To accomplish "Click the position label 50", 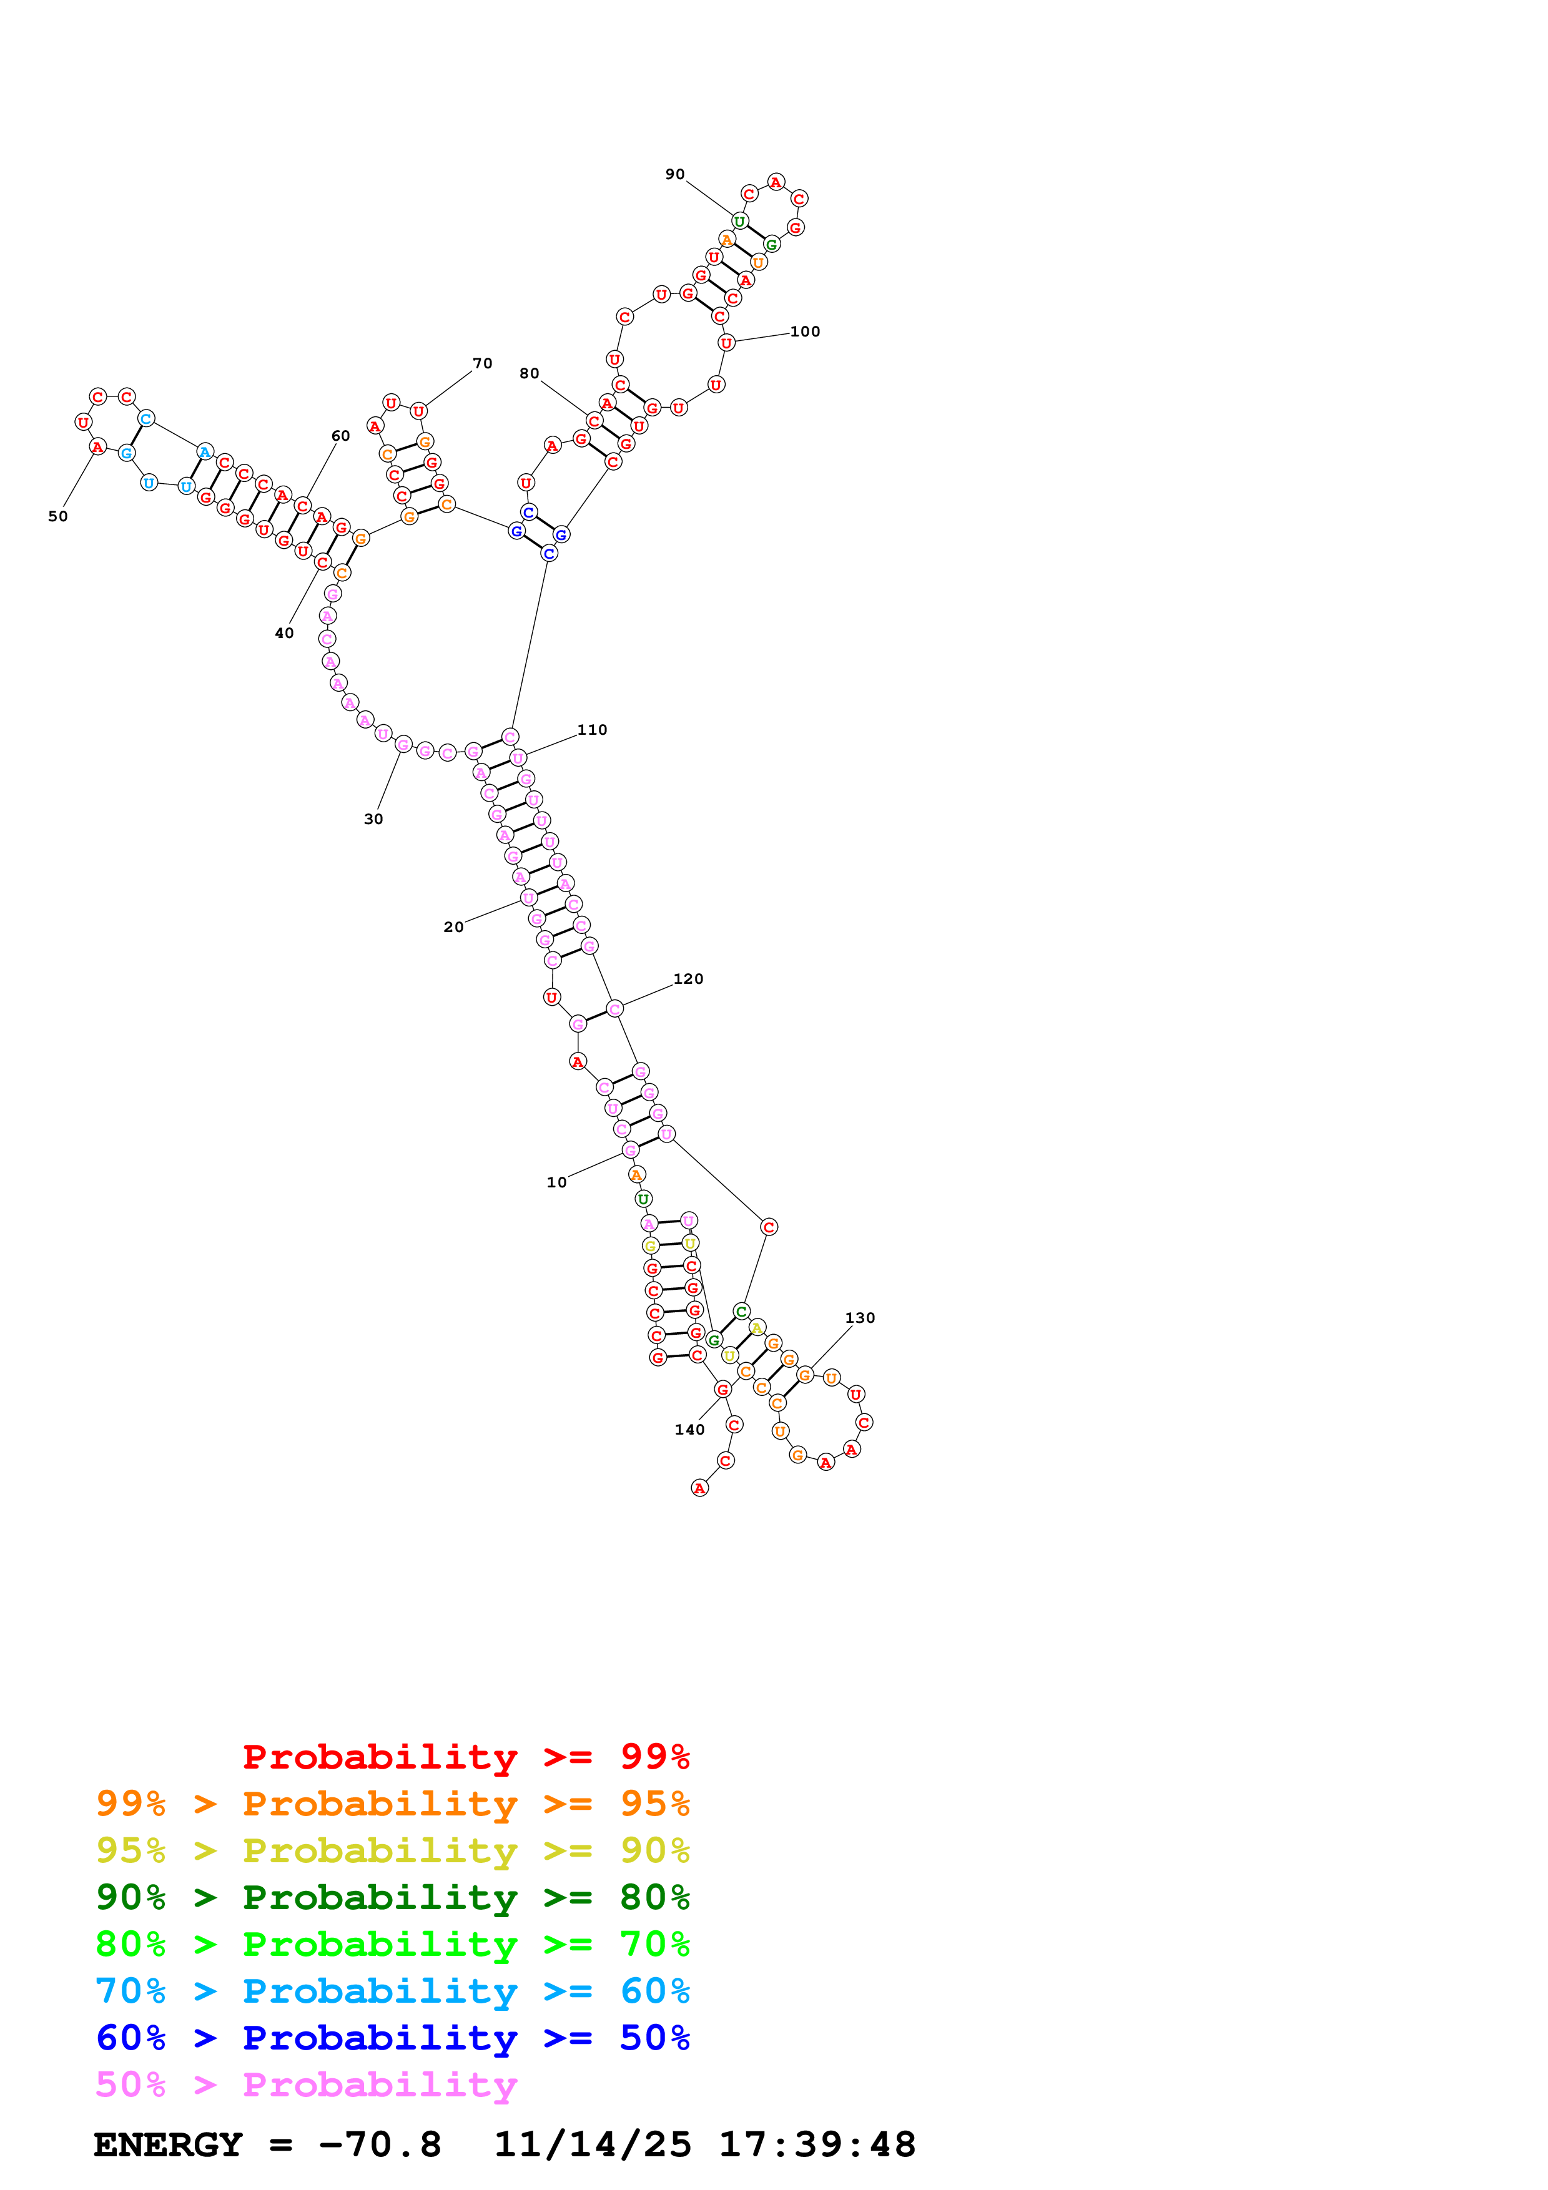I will pos(58,517).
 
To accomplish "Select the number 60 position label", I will pos(340,436).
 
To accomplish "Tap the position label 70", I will pos(483,363).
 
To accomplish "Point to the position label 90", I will pos(675,175).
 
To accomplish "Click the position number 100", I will pos(805,332).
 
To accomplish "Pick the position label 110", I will pos(593,730).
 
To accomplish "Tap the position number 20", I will pos(454,927).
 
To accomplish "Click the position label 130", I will pos(860,1318).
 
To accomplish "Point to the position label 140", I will pos(689,1430).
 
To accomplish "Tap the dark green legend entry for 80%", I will pos(393,1898).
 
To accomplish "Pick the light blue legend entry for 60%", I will pos(393,1991).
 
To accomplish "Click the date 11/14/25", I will pos(593,2145).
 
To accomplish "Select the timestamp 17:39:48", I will pos(817,2145).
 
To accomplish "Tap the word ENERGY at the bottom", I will pos(168,2145).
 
